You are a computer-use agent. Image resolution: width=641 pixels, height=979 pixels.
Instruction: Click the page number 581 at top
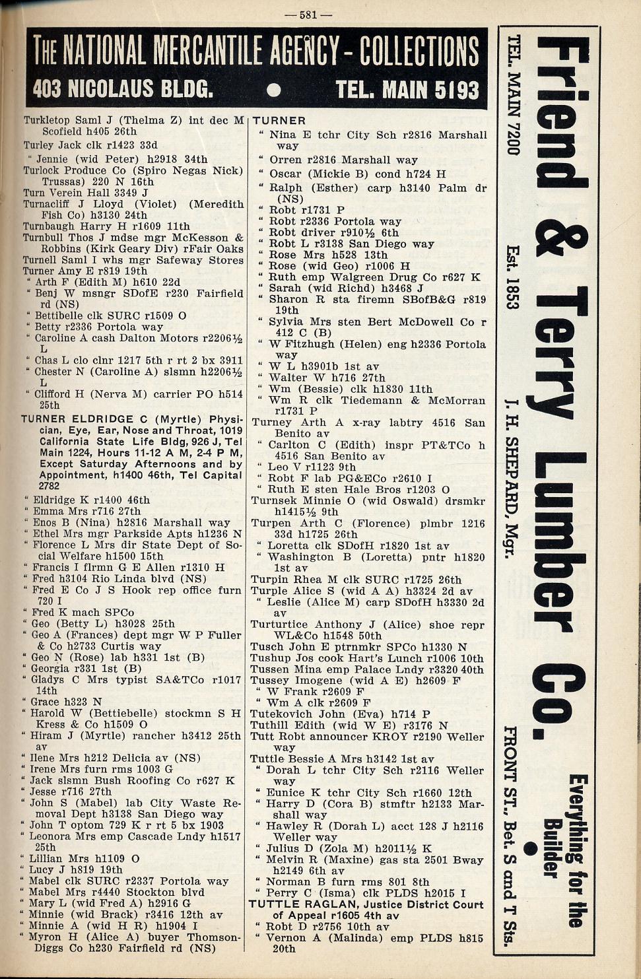[x=316, y=14]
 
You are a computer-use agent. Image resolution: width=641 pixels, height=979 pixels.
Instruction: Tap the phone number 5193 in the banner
[x=451, y=89]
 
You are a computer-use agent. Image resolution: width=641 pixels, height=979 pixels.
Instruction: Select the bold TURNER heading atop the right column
[x=279, y=121]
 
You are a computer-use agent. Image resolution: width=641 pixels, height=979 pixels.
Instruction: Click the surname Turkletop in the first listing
[x=48, y=121]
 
